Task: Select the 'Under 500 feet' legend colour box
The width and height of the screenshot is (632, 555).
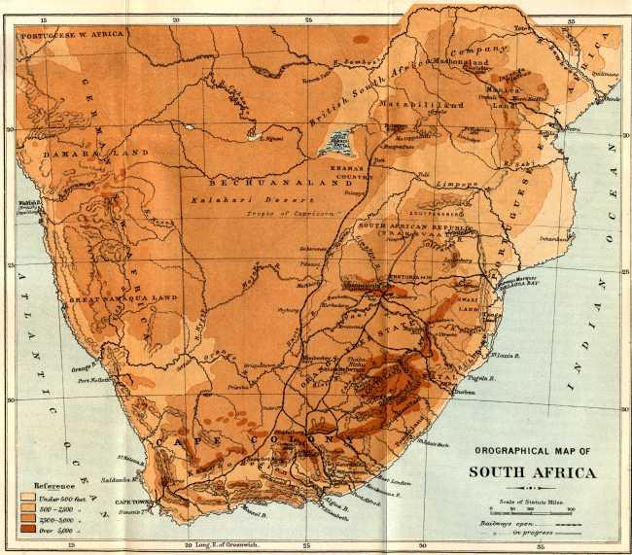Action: click(x=27, y=497)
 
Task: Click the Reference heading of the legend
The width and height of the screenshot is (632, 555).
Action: click(x=55, y=484)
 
